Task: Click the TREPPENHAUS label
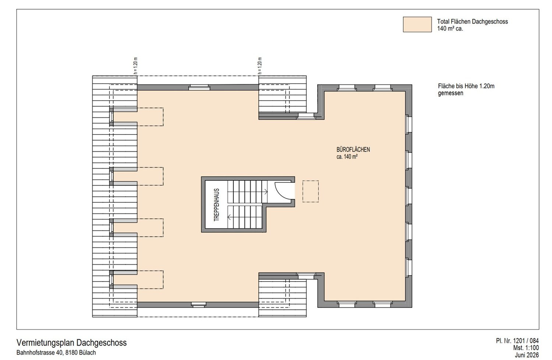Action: click(216, 205)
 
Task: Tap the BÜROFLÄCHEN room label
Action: click(353, 149)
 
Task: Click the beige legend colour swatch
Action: click(417, 24)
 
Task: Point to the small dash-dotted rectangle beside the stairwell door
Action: click(311, 191)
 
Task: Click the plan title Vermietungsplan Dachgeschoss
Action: click(71, 342)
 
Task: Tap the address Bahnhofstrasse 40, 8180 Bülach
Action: click(56, 353)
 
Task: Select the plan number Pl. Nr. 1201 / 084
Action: click(517, 341)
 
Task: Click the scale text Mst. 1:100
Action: click(526, 348)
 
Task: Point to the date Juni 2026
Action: click(527, 355)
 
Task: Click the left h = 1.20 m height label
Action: click(135, 66)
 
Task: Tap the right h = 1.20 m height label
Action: click(259, 66)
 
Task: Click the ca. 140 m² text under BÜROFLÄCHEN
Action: click(347, 156)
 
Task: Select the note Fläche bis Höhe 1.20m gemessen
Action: click(466, 89)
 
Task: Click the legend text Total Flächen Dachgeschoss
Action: click(473, 21)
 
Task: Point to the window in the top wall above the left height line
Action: click(199, 88)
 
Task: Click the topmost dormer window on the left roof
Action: click(112, 117)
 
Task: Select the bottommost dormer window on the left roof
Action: click(112, 280)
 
